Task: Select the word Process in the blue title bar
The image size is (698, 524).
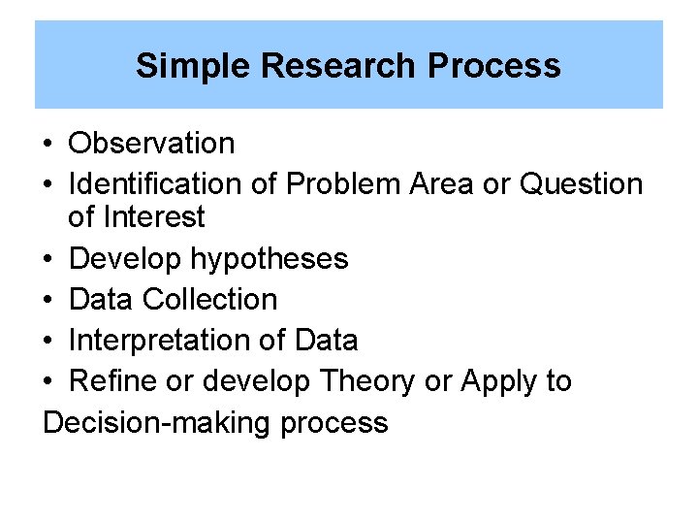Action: click(x=494, y=66)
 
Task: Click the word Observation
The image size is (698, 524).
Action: click(x=152, y=144)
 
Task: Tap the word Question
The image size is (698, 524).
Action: click(x=582, y=183)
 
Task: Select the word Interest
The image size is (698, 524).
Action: click(x=157, y=216)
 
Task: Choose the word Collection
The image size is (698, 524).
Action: click(x=209, y=299)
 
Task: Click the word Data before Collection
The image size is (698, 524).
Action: click(x=102, y=299)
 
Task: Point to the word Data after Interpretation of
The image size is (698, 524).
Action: click(x=326, y=341)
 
